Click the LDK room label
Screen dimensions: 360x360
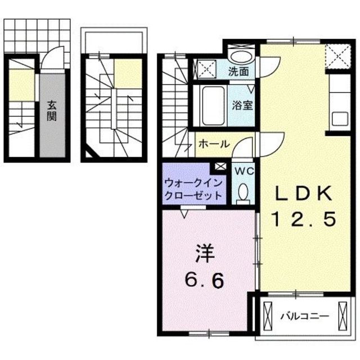(304, 194)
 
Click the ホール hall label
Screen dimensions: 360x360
(213, 144)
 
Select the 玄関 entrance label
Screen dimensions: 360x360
(51, 111)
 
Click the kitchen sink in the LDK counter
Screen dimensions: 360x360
(341, 119)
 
